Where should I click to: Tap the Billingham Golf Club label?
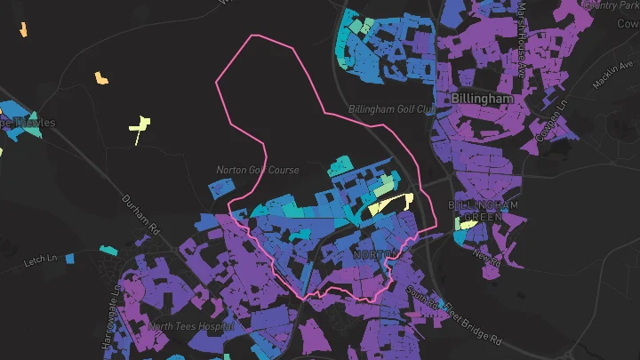[392, 109]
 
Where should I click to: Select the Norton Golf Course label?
[258, 169]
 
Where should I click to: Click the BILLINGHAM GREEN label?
[484, 211]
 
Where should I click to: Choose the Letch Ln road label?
[41, 259]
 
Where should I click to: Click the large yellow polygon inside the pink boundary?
[388, 204]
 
